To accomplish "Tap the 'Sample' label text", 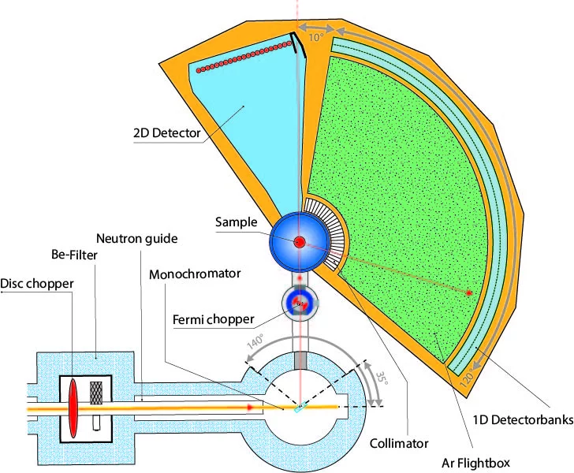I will [x=237, y=222].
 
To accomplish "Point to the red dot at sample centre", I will [x=300, y=240].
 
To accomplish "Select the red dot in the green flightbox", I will [x=469, y=293].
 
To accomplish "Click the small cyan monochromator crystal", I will [x=300, y=408].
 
